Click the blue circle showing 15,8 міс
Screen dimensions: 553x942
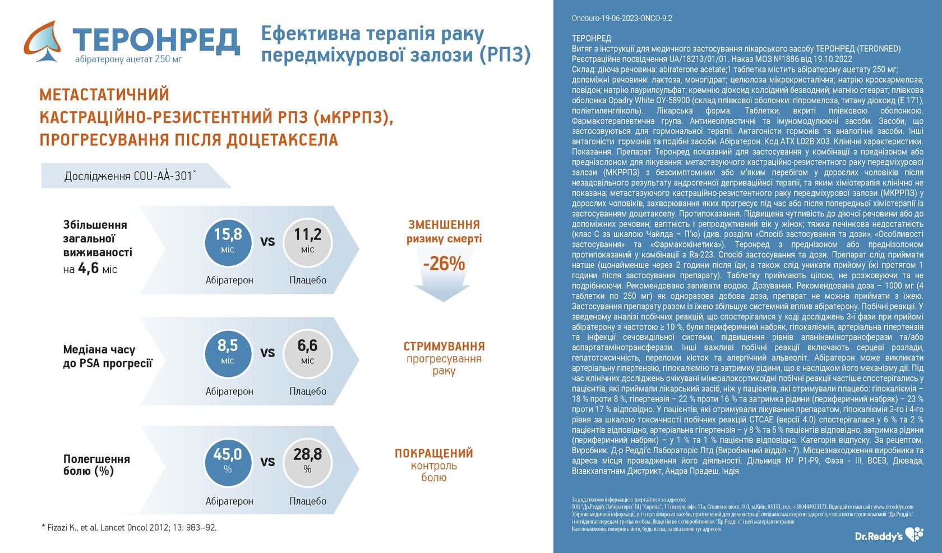click(x=228, y=242)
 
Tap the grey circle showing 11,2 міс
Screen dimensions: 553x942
click(x=307, y=242)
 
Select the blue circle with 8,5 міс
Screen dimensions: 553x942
click(x=228, y=353)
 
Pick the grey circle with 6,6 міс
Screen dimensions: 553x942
click(x=307, y=353)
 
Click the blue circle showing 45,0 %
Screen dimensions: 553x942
click(x=228, y=462)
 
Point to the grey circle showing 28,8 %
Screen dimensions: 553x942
click(x=307, y=462)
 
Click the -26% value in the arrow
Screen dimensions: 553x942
click(x=444, y=263)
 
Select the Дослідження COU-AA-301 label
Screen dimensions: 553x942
click(x=130, y=176)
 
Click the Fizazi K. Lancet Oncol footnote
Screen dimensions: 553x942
click(x=129, y=527)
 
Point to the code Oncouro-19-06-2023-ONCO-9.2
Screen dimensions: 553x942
click(x=622, y=18)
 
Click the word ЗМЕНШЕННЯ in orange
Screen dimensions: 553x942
click(x=444, y=224)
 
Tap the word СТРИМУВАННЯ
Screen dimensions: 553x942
click(x=444, y=346)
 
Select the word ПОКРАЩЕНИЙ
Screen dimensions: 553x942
click(x=433, y=453)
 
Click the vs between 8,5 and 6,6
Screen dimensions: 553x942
click(x=267, y=353)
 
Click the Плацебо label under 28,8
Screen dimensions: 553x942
click(x=307, y=501)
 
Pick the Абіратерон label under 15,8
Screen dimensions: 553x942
click(x=229, y=280)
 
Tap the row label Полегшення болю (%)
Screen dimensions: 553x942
click(x=96, y=465)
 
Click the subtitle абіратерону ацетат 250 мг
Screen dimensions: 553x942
click(x=128, y=59)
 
